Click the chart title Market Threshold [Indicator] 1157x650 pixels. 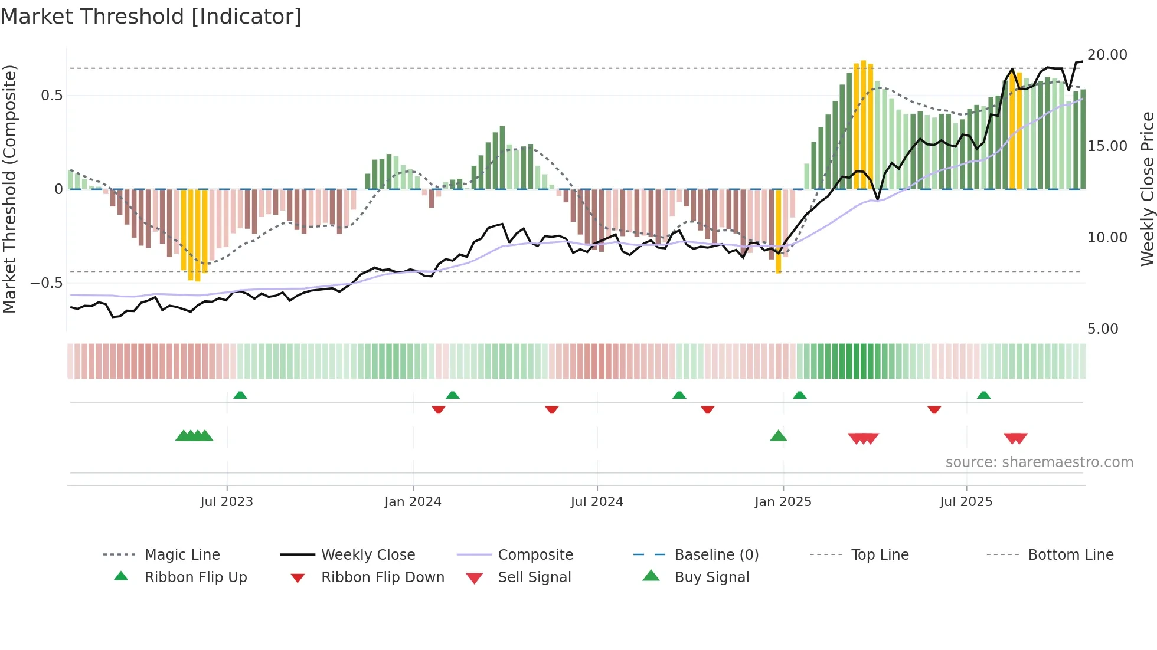(x=151, y=17)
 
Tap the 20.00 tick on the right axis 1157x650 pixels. (x=1107, y=55)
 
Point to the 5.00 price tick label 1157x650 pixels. (x=1102, y=329)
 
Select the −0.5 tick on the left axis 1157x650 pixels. (x=46, y=283)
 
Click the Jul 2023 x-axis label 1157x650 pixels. (x=227, y=502)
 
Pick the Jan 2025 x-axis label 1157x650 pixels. (x=783, y=502)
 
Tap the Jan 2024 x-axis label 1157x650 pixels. (x=413, y=502)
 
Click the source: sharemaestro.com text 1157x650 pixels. (x=1039, y=462)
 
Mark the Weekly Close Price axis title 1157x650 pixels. (x=1147, y=189)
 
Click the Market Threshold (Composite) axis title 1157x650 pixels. (x=9, y=189)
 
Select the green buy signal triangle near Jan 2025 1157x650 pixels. (x=778, y=436)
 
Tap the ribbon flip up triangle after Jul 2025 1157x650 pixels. (x=983, y=395)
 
